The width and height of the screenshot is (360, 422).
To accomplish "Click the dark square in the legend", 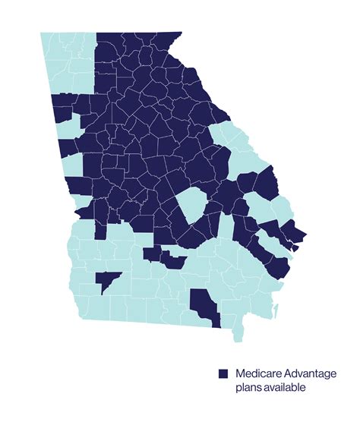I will (x=223, y=374).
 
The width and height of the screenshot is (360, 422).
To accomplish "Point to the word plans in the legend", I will (x=248, y=389).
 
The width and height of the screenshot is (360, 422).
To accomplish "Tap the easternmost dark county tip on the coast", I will (x=302, y=232).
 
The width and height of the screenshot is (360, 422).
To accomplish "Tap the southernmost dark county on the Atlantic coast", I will (x=279, y=266).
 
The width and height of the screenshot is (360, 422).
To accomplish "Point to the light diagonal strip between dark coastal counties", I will (x=262, y=231).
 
